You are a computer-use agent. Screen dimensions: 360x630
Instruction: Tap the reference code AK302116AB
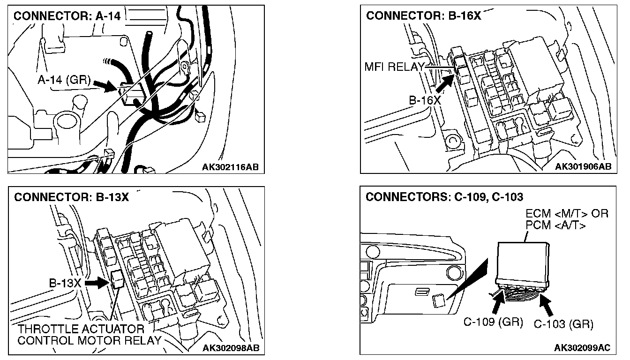[x=231, y=166]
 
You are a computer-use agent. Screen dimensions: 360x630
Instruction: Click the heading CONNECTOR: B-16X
[x=423, y=15]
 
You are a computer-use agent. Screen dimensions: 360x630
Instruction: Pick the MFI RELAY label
[x=394, y=67]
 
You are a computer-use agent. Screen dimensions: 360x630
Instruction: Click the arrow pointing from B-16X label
[x=444, y=82]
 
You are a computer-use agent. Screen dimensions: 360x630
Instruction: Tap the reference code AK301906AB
[x=583, y=166]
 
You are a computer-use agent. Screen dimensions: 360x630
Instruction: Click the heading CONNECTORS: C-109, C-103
[x=444, y=197]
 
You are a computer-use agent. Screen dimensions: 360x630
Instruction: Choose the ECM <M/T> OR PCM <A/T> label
[x=567, y=220]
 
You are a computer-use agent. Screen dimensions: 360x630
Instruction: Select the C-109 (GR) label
[x=493, y=322]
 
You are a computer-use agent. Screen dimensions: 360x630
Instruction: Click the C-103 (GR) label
[x=563, y=323]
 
